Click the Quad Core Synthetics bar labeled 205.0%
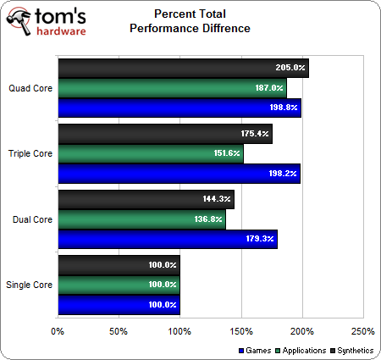(x=182, y=68)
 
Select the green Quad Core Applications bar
(x=171, y=87)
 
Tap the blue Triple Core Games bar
(x=178, y=174)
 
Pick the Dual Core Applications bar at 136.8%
(x=141, y=219)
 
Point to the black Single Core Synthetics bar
(x=119, y=265)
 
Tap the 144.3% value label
(x=215, y=200)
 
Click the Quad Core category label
(x=30, y=87)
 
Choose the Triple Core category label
(x=30, y=153)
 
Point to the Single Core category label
(x=29, y=285)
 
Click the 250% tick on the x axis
(x=362, y=331)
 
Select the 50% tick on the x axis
(x=119, y=331)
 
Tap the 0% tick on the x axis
(x=58, y=331)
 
